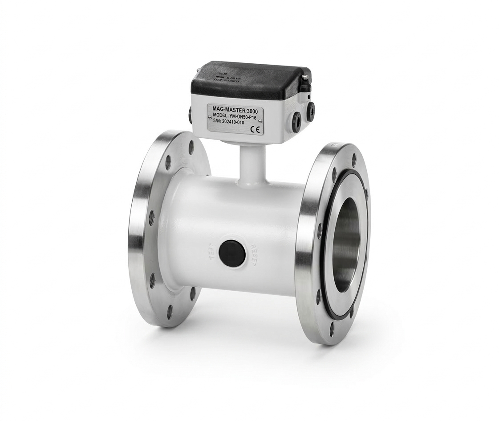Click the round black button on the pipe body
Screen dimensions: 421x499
click(232, 253)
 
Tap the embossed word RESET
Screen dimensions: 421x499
click(254, 255)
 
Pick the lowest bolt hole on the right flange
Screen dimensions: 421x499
click(332, 329)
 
